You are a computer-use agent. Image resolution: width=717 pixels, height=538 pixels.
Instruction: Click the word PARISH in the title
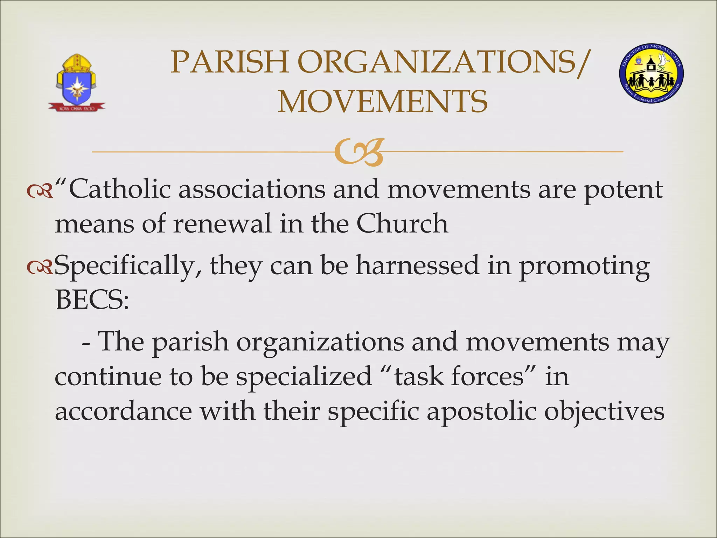pos(229,62)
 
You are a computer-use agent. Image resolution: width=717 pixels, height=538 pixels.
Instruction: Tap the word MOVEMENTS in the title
pos(382,102)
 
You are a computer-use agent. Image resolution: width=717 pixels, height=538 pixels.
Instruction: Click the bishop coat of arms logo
pos(76,83)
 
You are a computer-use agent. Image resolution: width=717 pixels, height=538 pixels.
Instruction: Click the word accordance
pos(123,411)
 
